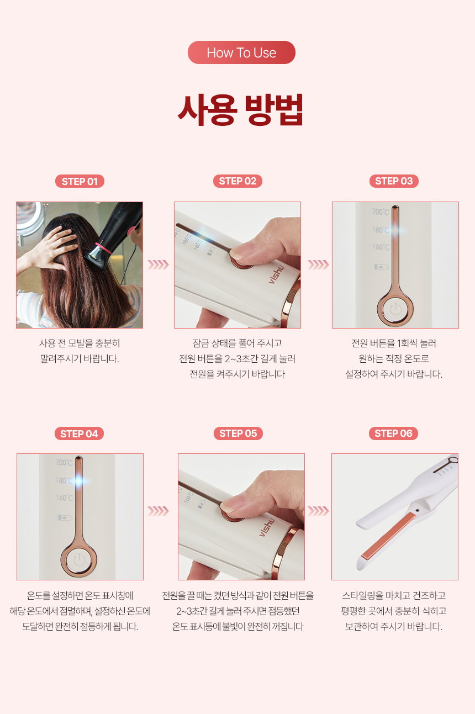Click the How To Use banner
[x=241, y=52]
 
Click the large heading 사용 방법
[x=240, y=110]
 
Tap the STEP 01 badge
[x=80, y=181]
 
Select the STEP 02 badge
[x=238, y=181]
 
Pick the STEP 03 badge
[x=394, y=181]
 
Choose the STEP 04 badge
[x=79, y=433]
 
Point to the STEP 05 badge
[x=238, y=433]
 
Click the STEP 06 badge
[x=393, y=433]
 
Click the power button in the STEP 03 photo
[x=395, y=309]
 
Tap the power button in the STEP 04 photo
[x=79, y=560]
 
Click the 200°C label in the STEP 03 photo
[x=381, y=211]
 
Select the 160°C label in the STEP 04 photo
[x=65, y=498]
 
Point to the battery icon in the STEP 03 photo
[x=381, y=267]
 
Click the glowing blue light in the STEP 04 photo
[x=79, y=480]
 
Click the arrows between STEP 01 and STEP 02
[x=158, y=265]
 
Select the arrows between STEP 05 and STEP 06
[x=318, y=511]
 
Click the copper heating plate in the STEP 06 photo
[x=388, y=536]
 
